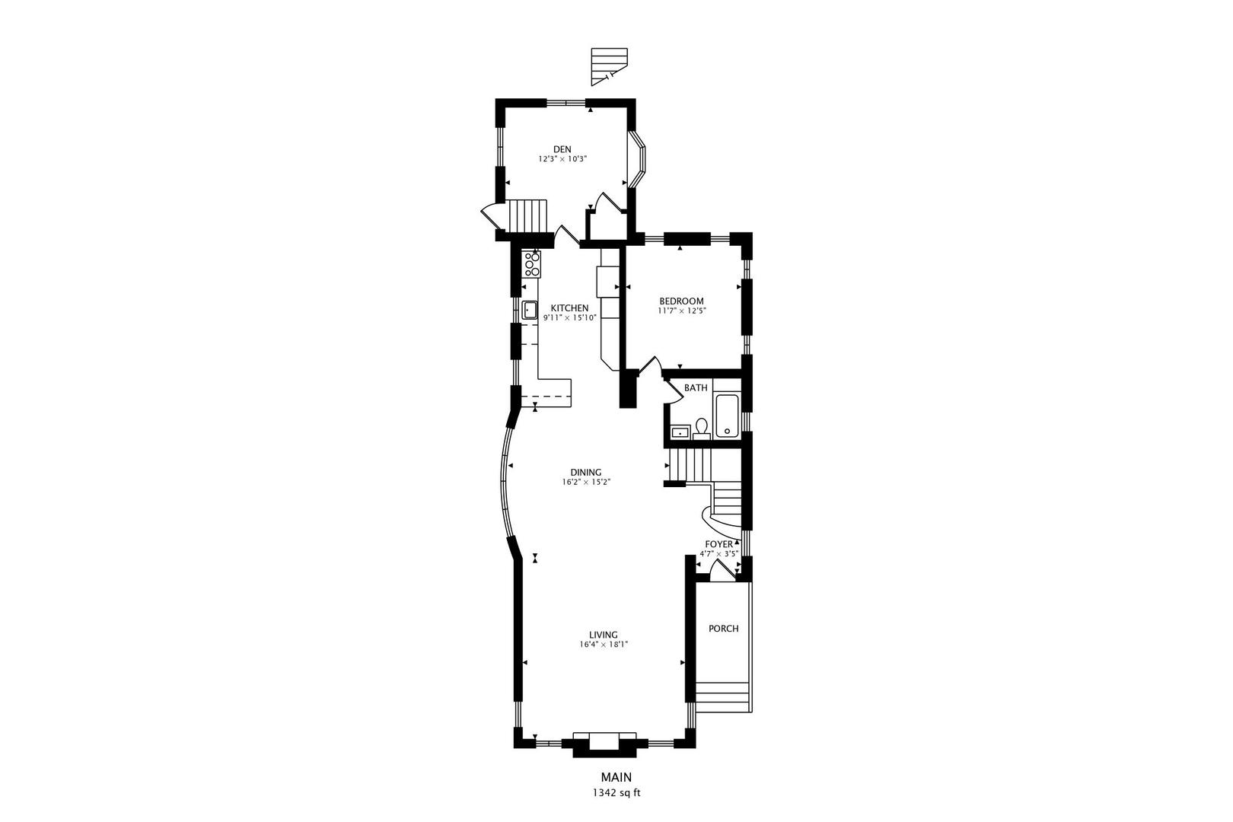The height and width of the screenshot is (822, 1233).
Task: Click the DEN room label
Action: (562, 149)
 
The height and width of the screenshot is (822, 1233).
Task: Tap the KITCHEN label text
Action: (569, 307)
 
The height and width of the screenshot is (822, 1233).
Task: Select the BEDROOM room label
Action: (681, 301)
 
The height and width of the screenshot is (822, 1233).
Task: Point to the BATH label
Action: (695, 388)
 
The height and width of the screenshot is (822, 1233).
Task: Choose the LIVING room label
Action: (603, 635)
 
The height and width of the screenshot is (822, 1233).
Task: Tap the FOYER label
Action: (718, 544)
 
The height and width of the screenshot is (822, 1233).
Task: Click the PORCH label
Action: (723, 629)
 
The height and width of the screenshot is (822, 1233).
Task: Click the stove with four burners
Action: (532, 264)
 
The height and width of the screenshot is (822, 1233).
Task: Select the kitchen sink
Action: (530, 310)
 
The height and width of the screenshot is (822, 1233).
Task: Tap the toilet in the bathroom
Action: (702, 429)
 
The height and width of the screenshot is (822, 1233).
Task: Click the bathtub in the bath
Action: (726, 415)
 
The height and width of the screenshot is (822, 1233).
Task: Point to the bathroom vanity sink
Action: (680, 433)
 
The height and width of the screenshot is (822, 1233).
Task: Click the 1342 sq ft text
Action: (616, 793)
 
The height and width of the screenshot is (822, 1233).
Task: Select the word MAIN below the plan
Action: (616, 777)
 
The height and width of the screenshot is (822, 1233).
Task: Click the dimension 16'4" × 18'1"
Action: (603, 645)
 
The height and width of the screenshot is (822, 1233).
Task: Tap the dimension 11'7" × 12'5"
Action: (681, 311)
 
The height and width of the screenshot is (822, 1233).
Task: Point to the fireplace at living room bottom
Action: (604, 743)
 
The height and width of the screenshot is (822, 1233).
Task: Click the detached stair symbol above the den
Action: (609, 65)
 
